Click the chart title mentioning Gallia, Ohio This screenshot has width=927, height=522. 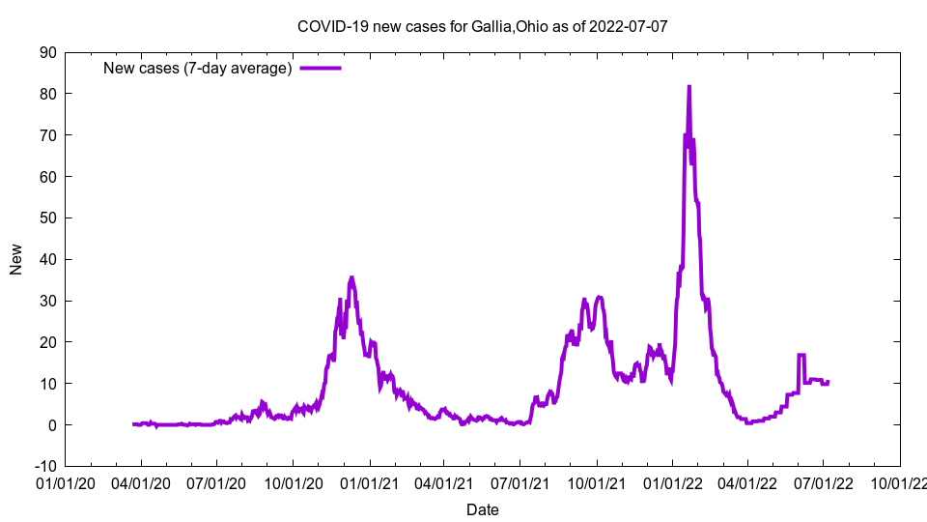click(x=482, y=26)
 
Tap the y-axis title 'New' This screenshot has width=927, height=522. click(x=16, y=259)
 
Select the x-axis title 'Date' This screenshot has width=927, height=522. click(x=482, y=509)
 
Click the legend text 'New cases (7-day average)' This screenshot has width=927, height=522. click(x=197, y=68)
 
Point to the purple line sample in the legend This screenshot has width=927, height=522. click(x=321, y=68)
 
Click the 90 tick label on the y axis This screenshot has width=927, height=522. click(x=46, y=52)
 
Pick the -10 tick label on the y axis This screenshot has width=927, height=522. click(x=44, y=466)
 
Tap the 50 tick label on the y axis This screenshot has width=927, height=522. click(x=46, y=217)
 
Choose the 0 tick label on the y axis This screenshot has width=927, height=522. click(x=51, y=424)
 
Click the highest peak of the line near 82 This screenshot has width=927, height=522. click(x=688, y=86)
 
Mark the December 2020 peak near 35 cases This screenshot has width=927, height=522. click(x=351, y=277)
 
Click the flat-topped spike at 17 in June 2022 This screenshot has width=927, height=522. click(x=801, y=355)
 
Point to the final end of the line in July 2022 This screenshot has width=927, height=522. click(x=829, y=382)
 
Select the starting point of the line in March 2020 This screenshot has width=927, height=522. click(x=133, y=424)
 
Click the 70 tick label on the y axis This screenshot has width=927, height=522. click(x=46, y=135)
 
